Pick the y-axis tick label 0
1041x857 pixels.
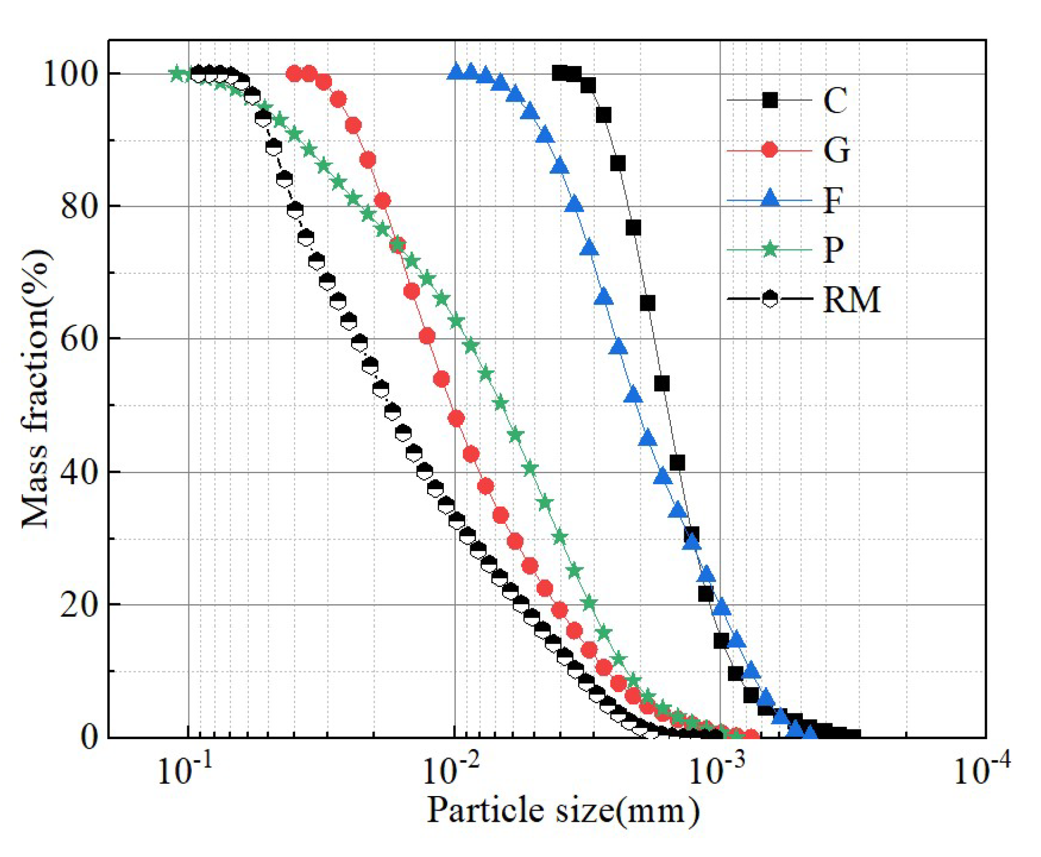89,737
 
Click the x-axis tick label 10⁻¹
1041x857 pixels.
185,771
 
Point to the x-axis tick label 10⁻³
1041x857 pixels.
716,771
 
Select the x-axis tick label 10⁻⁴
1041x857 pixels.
981,771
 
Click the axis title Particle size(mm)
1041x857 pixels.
563,811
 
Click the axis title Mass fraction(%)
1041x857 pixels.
35,389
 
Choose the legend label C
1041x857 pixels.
835,101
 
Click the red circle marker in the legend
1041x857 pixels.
770,150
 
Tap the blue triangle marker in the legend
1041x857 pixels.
770,198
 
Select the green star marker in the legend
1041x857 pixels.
770,249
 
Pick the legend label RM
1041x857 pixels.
851,299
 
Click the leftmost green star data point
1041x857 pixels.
177,73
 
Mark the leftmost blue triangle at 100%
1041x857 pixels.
456,72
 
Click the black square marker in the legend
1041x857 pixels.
770,100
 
